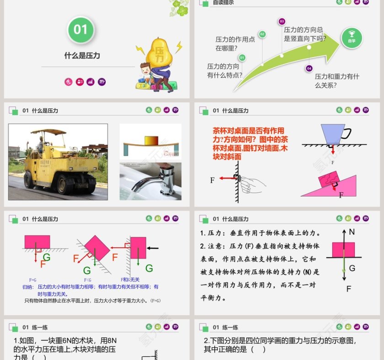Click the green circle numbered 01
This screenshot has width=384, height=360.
click(80, 30)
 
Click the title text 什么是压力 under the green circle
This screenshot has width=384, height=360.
click(82, 56)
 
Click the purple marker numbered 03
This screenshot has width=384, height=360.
click(282, 21)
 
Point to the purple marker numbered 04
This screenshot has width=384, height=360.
click(309, 68)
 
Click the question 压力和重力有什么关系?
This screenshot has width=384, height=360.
click(337, 81)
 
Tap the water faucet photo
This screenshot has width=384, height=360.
click(150, 181)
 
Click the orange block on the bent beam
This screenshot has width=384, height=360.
click(150, 140)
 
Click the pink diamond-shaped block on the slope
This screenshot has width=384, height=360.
click(96, 247)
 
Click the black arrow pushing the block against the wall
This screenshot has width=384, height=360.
click(153, 248)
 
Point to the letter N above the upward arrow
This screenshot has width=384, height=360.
click(352, 232)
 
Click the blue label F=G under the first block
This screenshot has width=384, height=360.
click(32, 279)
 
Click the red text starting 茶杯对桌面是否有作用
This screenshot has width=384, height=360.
click(251, 143)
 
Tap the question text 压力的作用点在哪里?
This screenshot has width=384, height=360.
click(235, 43)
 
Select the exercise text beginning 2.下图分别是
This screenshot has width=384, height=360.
click(280, 344)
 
